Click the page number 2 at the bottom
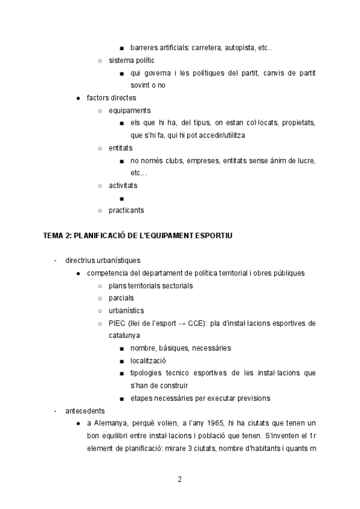click(179, 479)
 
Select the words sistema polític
click(131, 61)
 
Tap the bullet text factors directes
click(111, 98)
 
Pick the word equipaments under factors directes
click(130, 110)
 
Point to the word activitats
click(123, 185)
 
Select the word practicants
click(126, 210)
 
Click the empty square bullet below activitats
click(122, 198)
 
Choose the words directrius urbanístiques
click(103, 261)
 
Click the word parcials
click(121, 298)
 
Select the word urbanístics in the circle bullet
click(126, 310)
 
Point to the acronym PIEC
click(118, 323)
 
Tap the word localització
click(148, 361)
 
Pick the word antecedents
click(85, 411)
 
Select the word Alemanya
click(111, 424)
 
